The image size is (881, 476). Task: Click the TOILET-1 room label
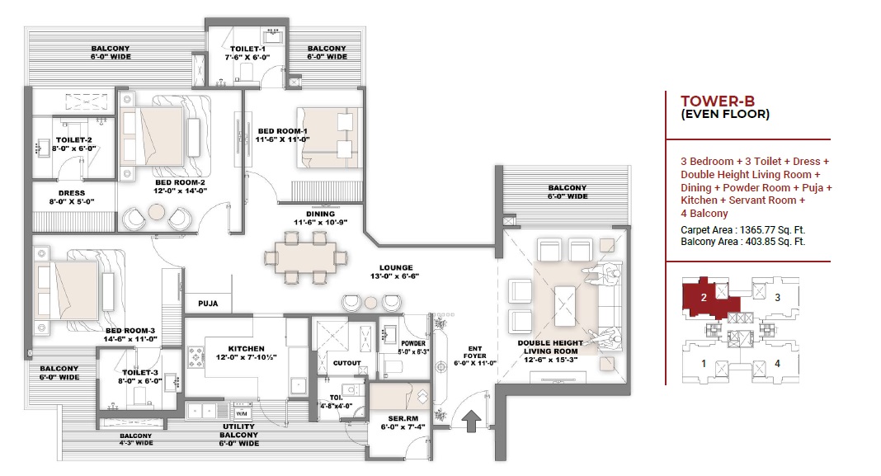click(247, 49)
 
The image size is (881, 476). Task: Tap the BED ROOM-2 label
click(180, 182)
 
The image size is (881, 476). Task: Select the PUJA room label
click(208, 304)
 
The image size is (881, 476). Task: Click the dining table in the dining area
click(306, 258)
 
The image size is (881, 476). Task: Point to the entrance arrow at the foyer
click(471, 421)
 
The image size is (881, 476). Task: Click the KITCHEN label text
click(246, 349)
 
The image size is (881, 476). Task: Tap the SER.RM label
click(403, 419)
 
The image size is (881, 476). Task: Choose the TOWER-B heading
click(718, 101)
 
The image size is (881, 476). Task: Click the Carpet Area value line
click(742, 230)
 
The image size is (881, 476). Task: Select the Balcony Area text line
click(742, 242)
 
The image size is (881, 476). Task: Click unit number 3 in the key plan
click(778, 298)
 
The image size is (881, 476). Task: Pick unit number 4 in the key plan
click(778, 364)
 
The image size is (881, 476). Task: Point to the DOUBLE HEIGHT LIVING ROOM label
click(550, 346)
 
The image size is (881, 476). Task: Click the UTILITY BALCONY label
click(238, 431)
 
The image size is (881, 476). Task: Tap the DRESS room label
click(72, 193)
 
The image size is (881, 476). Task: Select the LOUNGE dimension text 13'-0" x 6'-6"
click(394, 276)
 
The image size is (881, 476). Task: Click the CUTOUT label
click(346, 363)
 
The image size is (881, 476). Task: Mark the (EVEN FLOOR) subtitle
click(725, 114)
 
